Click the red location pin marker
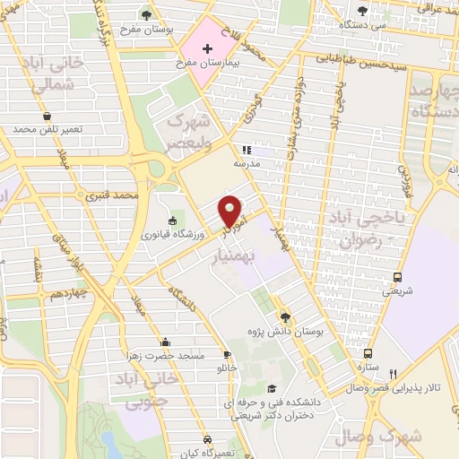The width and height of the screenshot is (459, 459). click(231, 211)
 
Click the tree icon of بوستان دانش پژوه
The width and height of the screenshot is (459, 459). click(286, 316)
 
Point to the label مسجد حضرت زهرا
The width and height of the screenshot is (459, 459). click(166, 356)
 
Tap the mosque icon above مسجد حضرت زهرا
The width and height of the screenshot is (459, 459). click(166, 342)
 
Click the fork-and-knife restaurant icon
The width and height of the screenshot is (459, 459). click(393, 373)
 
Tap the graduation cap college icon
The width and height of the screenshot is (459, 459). click(271, 388)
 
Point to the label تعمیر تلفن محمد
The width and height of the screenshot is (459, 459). click(48, 130)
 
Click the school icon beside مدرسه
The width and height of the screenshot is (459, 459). click(246, 151)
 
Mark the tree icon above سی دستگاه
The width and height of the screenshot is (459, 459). click(362, 11)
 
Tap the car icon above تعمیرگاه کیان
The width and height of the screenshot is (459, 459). click(207, 440)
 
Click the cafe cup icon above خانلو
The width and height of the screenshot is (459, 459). click(228, 355)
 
